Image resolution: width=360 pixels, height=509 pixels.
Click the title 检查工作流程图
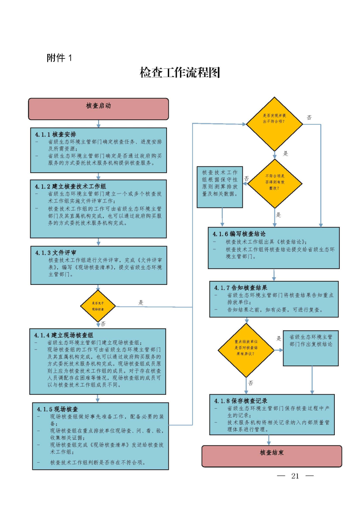(180, 73)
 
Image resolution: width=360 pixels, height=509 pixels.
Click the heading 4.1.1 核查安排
(55, 134)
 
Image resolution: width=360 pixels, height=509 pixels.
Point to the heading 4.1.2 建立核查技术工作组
(70, 186)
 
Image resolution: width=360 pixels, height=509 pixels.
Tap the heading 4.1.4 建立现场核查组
(64, 335)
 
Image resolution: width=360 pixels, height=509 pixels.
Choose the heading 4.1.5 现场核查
(58, 409)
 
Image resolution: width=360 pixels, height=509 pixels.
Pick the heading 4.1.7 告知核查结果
(241, 288)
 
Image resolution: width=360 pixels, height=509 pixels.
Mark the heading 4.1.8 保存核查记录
(241, 401)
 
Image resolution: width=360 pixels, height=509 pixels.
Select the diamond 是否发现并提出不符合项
(274, 124)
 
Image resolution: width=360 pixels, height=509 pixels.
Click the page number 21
(295, 476)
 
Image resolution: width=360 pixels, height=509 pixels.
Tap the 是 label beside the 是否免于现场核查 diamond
(141, 302)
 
